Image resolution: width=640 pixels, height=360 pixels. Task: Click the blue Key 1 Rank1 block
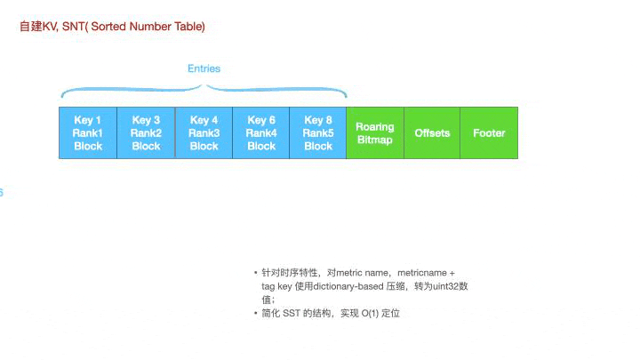coord(88,132)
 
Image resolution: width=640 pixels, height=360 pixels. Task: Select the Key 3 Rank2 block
coord(146,132)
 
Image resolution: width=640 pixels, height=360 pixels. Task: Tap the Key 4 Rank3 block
coord(204,132)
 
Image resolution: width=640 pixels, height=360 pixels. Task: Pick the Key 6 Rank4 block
coord(261,132)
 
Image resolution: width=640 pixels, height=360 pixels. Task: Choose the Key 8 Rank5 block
coord(318,132)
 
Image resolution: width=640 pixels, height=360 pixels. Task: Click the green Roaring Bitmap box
coord(374,132)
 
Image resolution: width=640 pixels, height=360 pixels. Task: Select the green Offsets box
coord(432,132)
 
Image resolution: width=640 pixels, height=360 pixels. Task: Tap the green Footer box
coord(489,132)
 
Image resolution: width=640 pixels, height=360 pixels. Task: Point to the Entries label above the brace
coord(204,68)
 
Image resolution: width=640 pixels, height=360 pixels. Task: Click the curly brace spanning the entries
coord(204,89)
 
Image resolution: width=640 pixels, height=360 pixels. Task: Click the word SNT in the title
coord(74,27)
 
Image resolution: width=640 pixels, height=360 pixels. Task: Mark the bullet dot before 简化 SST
coord(256,314)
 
